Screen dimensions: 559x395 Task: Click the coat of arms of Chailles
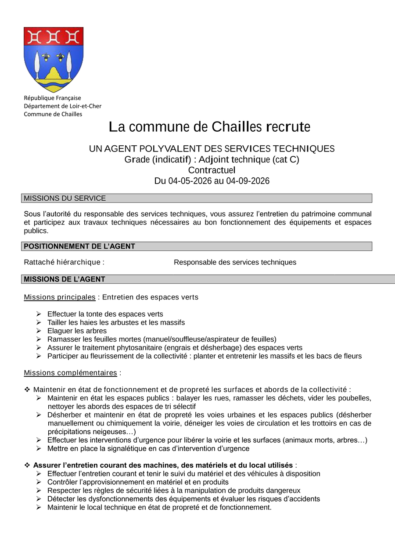[54, 59]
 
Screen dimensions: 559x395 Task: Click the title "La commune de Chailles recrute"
[209, 127]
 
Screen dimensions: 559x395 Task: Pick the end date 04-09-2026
[248, 181]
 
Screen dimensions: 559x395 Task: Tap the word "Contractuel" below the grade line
[212, 170]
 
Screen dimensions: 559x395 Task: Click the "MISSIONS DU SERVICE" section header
[65, 198]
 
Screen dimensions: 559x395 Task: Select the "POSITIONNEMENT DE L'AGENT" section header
[79, 246]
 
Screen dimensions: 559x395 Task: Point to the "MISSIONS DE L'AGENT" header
[65, 279]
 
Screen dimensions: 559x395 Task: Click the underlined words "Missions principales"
[60, 297]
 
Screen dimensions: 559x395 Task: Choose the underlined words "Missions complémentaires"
[70, 373]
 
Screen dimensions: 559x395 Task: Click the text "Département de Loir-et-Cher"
[62, 106]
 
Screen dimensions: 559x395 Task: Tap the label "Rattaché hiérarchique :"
[64, 262]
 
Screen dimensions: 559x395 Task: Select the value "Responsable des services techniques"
[235, 262]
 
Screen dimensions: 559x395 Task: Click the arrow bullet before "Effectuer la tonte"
[39, 314]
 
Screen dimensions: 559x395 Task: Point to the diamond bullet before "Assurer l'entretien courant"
[27, 465]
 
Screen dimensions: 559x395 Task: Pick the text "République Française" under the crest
[52, 98]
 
